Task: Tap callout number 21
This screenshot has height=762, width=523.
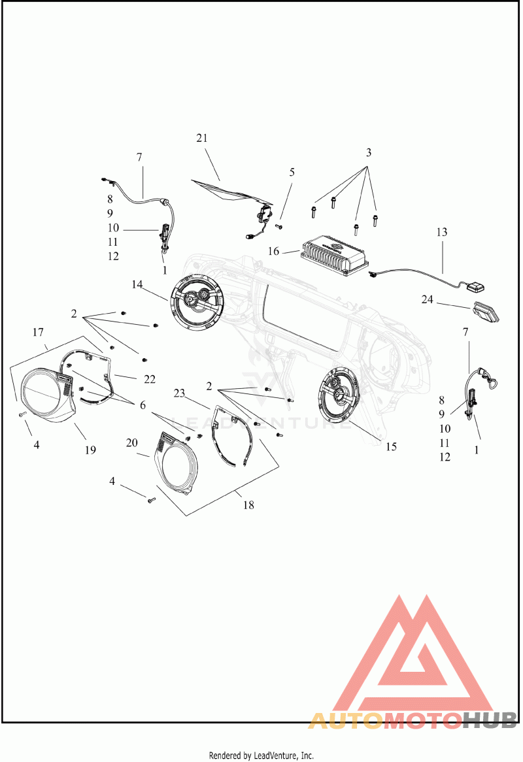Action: click(202, 138)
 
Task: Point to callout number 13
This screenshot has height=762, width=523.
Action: click(441, 232)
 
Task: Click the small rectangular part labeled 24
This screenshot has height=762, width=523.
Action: click(486, 312)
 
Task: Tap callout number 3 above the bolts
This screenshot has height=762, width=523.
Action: click(369, 152)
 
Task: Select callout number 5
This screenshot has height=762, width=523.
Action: click(292, 172)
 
